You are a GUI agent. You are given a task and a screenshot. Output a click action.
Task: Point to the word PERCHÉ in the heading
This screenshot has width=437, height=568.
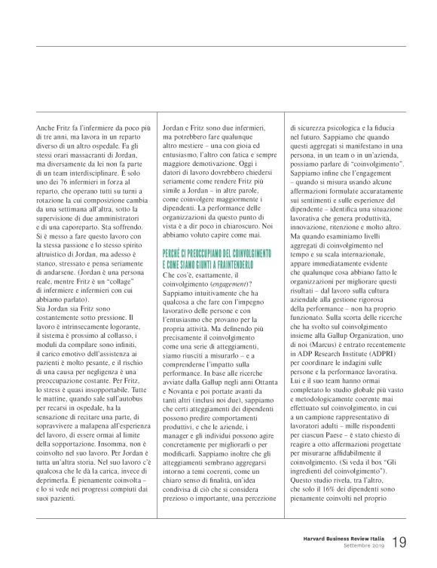[174, 254]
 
